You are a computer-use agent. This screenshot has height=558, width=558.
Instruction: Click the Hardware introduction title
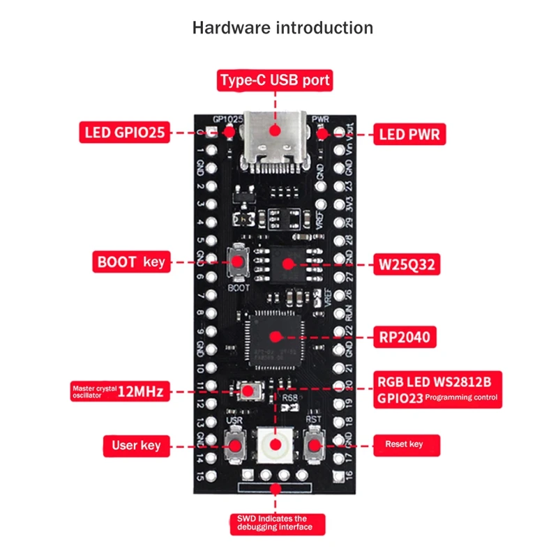coord(282,28)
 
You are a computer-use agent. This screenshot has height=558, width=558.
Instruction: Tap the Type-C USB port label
coord(275,80)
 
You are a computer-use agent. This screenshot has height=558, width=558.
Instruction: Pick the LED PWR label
coord(409,133)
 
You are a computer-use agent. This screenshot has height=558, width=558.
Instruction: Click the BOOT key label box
coord(130,262)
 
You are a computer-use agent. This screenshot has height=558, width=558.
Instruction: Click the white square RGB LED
coord(275,444)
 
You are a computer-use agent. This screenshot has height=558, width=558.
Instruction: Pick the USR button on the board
coord(236,444)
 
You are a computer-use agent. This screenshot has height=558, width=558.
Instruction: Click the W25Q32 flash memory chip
coord(288,263)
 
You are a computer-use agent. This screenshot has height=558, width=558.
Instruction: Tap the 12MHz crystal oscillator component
coord(249,391)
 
